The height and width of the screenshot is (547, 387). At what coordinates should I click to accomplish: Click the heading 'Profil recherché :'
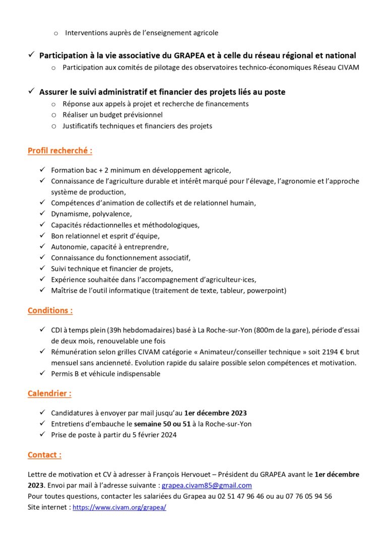coord(60,150)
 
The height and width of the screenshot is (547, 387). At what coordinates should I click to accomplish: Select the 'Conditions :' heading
coord(50,310)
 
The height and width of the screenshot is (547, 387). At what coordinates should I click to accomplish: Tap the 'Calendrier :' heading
coord(49,393)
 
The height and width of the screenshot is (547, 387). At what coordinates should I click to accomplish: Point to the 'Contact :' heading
coord(44,455)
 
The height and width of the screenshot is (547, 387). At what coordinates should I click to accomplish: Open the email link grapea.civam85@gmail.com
coord(207,486)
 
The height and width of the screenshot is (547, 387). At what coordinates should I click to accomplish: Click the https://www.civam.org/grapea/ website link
coord(119,508)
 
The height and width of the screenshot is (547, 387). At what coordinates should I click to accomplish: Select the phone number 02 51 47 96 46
coord(231,496)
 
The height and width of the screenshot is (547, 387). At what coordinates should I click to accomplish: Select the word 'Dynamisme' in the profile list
coord(69,214)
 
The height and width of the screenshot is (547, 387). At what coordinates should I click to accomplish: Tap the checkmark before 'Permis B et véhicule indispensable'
coord(42,373)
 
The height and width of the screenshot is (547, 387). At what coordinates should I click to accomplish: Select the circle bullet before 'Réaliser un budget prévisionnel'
coord(54,115)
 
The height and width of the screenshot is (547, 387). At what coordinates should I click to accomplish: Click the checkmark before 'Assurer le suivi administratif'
coord(31,92)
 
